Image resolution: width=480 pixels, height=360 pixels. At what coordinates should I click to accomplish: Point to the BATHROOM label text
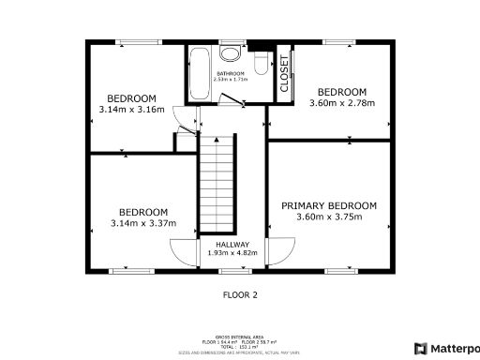coord(231,73)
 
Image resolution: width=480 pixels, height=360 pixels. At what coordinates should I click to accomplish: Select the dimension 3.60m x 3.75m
coord(329,217)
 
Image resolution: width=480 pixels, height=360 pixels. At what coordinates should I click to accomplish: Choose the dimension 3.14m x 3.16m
coord(131,110)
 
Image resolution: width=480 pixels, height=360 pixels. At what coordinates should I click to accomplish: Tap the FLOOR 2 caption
coord(240,294)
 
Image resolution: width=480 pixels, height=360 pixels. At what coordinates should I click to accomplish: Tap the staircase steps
coord(217,183)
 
